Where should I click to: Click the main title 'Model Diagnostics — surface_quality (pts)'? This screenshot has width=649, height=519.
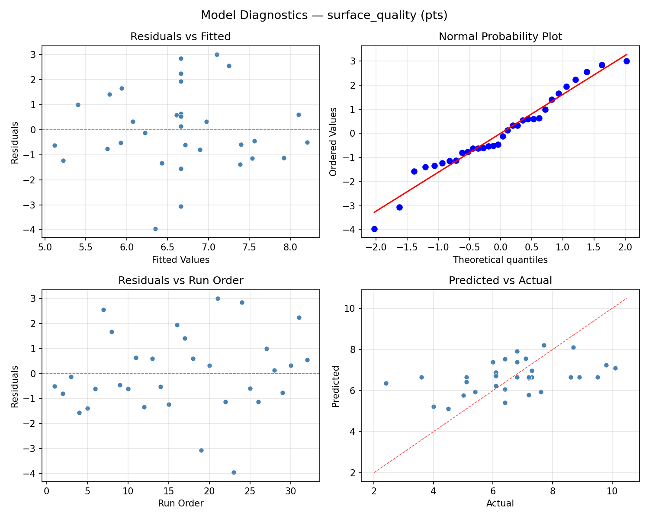tap(324, 16)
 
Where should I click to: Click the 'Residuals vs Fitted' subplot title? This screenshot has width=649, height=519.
tap(180, 37)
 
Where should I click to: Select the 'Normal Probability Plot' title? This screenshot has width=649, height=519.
tap(500, 37)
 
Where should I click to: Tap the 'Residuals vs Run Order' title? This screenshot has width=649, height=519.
tap(180, 281)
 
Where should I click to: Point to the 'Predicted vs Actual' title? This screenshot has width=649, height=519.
tap(500, 281)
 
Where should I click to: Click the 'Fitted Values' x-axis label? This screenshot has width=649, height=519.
tap(180, 260)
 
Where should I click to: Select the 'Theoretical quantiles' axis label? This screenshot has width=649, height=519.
tap(500, 260)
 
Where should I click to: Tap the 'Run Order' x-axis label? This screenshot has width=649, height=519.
tap(180, 503)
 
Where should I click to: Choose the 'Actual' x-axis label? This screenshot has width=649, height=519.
tap(500, 503)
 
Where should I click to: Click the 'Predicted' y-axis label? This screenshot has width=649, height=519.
tap(335, 386)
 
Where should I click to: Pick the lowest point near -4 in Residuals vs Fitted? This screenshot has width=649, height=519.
tap(155, 229)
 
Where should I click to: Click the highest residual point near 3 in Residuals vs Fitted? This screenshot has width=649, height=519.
tap(217, 54)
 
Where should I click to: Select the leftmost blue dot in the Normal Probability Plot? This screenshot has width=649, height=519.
tap(374, 229)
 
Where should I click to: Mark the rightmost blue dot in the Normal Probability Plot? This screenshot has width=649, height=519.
tap(627, 61)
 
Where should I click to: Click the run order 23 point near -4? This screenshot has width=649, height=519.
tap(234, 472)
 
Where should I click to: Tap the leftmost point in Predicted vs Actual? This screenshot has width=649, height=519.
tap(386, 383)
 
